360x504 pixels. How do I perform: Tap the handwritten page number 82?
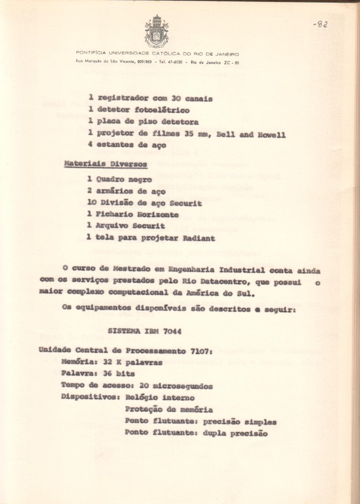320,25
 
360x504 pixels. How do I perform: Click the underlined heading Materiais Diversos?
106,164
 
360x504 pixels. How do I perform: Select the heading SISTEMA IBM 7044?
144,331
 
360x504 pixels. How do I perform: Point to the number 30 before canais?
176,99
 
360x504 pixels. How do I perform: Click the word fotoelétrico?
162,110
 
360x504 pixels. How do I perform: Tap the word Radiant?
199,238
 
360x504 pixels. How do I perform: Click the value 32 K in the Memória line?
113,362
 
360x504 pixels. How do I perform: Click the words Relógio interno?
160,397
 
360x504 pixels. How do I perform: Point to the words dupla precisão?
235,433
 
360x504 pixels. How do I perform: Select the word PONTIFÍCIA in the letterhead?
91,54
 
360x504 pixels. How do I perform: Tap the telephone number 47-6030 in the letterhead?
175,62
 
